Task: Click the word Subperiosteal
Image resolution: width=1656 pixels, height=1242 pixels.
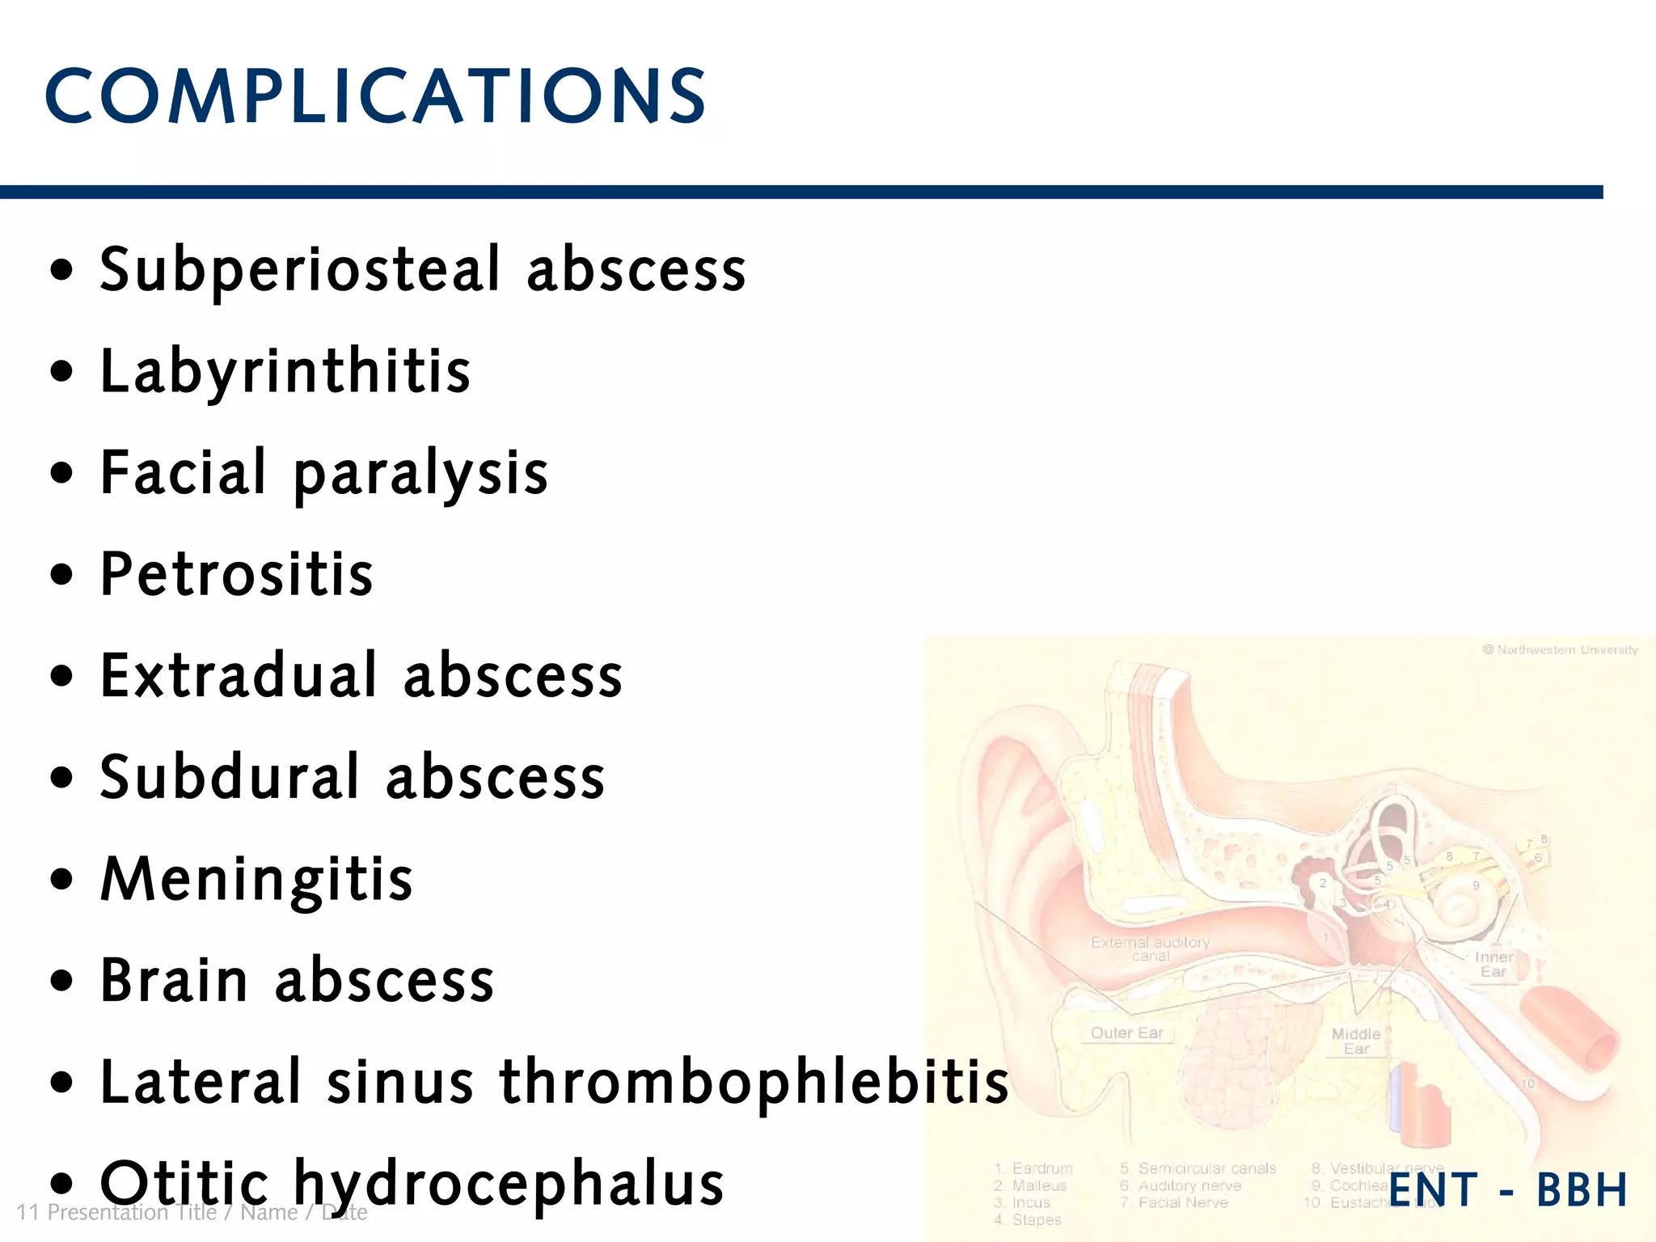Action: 300,270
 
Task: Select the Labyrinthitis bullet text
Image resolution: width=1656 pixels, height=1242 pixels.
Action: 285,371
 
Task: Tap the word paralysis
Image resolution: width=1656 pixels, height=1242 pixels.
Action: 420,474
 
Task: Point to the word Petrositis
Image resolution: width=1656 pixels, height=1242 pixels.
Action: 237,575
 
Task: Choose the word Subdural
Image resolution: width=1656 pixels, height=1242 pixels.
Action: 230,777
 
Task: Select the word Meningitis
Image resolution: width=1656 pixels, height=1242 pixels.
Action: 256,879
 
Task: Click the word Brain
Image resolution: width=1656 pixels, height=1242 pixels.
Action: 174,980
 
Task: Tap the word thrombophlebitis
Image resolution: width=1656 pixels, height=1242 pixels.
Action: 754,1082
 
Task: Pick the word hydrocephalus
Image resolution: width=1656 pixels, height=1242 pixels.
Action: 509,1184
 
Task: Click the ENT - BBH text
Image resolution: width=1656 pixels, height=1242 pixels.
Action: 1508,1189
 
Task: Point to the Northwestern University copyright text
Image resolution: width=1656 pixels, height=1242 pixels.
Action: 1560,650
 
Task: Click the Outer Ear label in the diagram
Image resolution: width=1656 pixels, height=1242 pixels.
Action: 1126,1033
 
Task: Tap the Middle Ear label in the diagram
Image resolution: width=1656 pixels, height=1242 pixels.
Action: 1356,1041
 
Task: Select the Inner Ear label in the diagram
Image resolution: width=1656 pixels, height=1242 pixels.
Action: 1493,964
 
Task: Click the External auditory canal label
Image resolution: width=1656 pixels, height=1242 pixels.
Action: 1150,948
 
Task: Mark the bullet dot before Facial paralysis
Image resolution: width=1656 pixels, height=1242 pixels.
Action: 61,473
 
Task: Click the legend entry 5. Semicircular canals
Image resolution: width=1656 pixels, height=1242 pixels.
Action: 1198,1168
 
